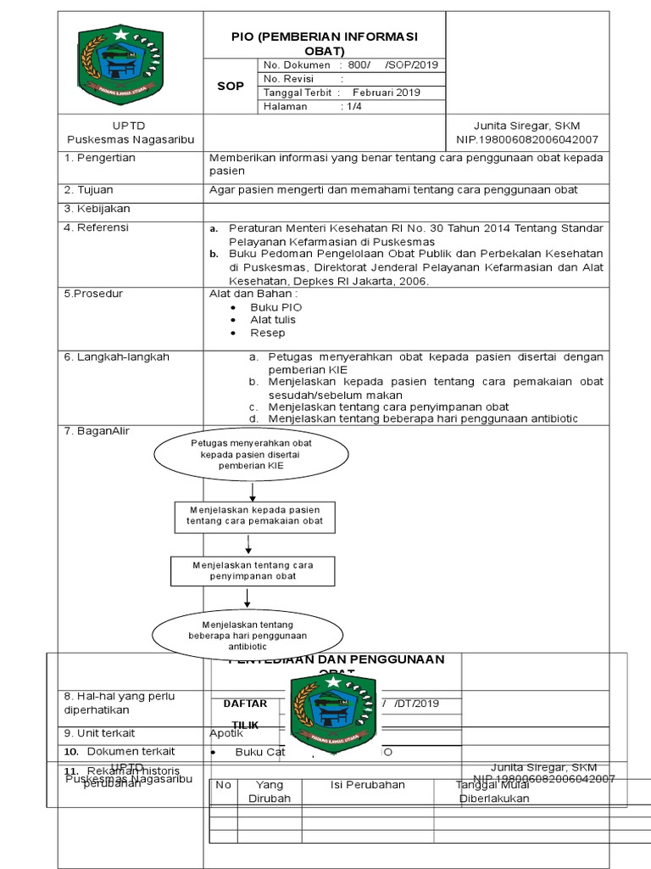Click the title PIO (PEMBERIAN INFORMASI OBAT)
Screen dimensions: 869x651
(x=325, y=43)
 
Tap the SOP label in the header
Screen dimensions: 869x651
(x=230, y=86)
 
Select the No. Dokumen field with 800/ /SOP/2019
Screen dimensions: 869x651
(x=350, y=65)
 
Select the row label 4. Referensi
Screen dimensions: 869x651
(x=97, y=227)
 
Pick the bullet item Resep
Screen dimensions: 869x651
(x=267, y=334)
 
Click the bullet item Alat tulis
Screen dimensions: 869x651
(x=273, y=320)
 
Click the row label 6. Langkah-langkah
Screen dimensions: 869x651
(x=117, y=357)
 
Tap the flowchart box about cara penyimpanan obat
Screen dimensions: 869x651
(x=247, y=570)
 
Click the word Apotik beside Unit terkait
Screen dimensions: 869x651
(x=226, y=733)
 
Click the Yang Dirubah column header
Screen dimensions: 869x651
(x=269, y=792)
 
